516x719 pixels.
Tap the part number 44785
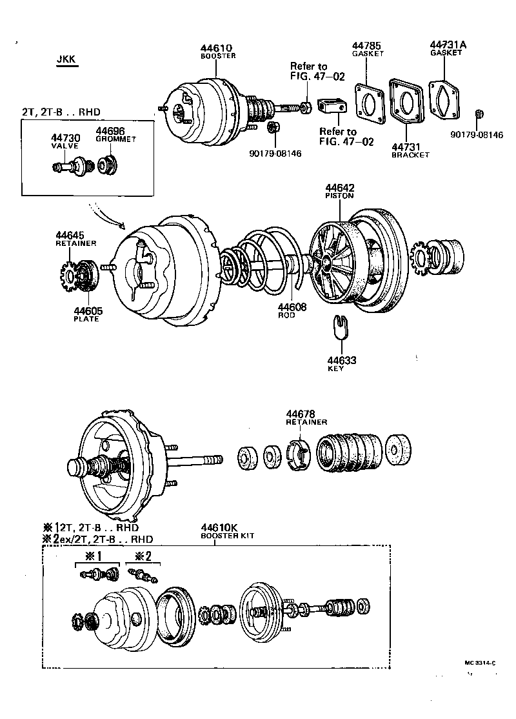click(x=366, y=45)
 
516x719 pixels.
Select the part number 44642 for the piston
click(x=339, y=188)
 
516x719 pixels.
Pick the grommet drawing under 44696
click(x=107, y=165)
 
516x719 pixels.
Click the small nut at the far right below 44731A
click(x=479, y=115)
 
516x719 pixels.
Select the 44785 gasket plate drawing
click(x=370, y=102)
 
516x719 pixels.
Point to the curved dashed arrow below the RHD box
click(x=109, y=215)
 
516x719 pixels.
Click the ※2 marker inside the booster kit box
click(x=143, y=556)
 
